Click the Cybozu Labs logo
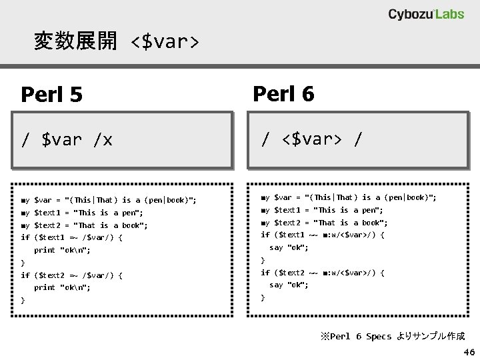[426, 14]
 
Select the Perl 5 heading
[52, 95]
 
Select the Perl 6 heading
[283, 94]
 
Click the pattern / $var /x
[67, 140]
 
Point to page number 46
[469, 351]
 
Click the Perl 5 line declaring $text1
[82, 213]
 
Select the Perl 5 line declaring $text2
[84, 225]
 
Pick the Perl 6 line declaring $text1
[322, 210]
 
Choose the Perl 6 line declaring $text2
[324, 223]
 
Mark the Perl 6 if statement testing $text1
[323, 235]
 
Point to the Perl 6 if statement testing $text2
[323, 273]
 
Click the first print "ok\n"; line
[63, 251]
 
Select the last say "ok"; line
[289, 285]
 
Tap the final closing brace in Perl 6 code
[263, 297]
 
